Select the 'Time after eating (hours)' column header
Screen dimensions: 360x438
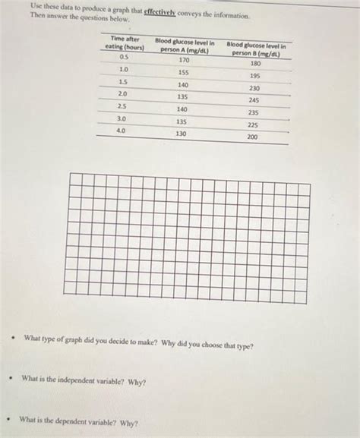click(125, 43)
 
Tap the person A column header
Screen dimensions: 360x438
click(183, 46)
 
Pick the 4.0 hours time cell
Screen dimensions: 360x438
click(121, 131)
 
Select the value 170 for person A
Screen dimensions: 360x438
click(184, 60)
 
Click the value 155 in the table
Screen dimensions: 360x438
click(183, 73)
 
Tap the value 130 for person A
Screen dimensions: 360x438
click(181, 134)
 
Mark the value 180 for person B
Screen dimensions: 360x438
click(255, 64)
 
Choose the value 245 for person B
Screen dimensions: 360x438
click(254, 100)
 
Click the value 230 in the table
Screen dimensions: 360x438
click(254, 88)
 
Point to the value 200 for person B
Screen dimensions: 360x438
click(252, 137)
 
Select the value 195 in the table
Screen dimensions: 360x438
click(255, 76)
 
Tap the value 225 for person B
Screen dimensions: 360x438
click(253, 125)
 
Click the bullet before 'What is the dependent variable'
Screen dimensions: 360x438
click(8, 419)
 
